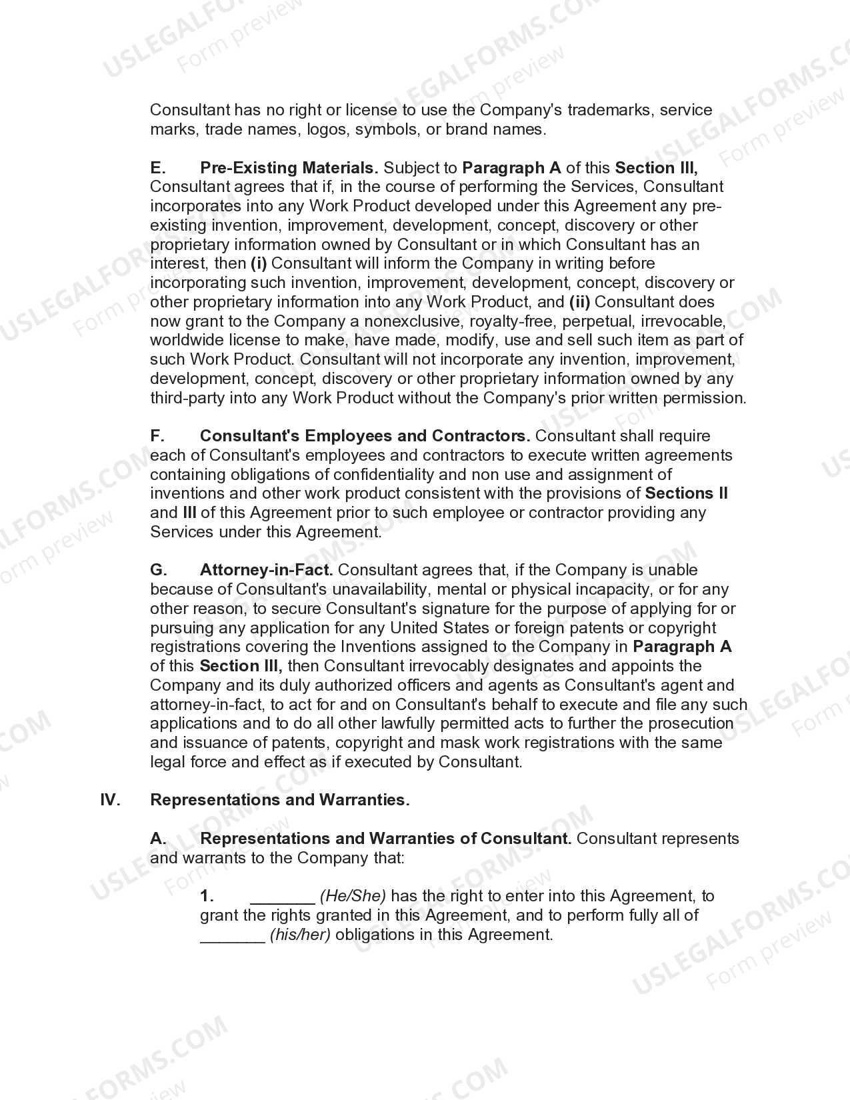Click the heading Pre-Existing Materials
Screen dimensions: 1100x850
289,167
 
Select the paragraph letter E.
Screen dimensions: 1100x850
157,167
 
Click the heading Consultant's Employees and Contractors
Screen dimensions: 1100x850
365,436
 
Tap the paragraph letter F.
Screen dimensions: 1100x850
157,436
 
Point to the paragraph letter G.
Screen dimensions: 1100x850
158,570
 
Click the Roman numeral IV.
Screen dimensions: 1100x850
110,800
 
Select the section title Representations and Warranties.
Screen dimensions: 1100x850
280,800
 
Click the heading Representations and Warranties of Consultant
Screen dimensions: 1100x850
385,839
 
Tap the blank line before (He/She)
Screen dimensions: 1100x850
282,897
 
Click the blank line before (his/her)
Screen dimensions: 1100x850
232,936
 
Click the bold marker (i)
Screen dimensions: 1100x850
259,263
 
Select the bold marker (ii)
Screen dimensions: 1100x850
579,302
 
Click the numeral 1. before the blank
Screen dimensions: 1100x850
207,896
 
